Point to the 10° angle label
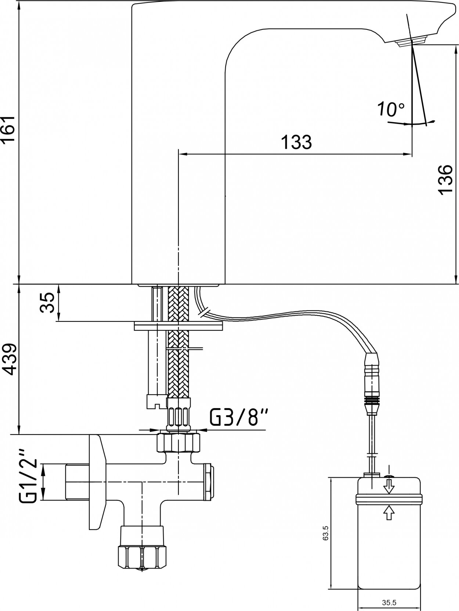coord(391,109)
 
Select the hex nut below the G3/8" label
coord(179,443)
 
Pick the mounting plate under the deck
coord(178,327)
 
